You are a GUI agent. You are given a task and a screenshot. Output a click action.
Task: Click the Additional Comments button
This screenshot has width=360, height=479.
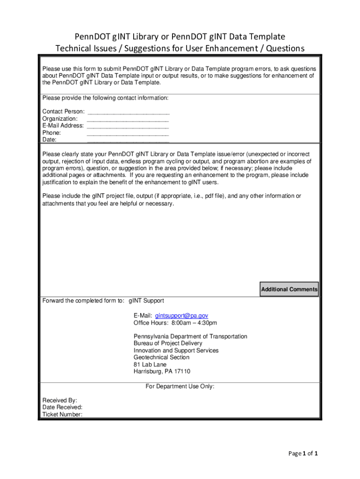click(289, 290)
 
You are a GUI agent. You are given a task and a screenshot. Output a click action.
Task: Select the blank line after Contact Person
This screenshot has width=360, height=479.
click(128, 112)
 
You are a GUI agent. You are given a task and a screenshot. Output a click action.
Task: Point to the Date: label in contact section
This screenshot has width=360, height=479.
click(50, 140)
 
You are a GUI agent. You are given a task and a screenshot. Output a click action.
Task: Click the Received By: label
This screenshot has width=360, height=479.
click(60, 400)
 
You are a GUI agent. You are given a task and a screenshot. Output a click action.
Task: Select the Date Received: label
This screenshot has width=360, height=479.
click(63, 407)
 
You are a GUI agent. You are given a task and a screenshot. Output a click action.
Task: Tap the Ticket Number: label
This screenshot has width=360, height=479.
click(63, 414)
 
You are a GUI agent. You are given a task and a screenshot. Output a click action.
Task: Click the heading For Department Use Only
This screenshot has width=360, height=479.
click(180, 386)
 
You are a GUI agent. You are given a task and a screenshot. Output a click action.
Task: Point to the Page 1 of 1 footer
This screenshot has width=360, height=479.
click(303, 453)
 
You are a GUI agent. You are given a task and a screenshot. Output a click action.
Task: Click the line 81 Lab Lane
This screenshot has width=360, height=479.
click(150, 364)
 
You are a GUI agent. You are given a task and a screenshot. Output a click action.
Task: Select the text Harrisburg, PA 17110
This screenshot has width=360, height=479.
click(162, 371)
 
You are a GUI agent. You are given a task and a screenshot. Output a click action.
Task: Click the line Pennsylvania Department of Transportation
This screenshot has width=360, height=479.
click(190, 336)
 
